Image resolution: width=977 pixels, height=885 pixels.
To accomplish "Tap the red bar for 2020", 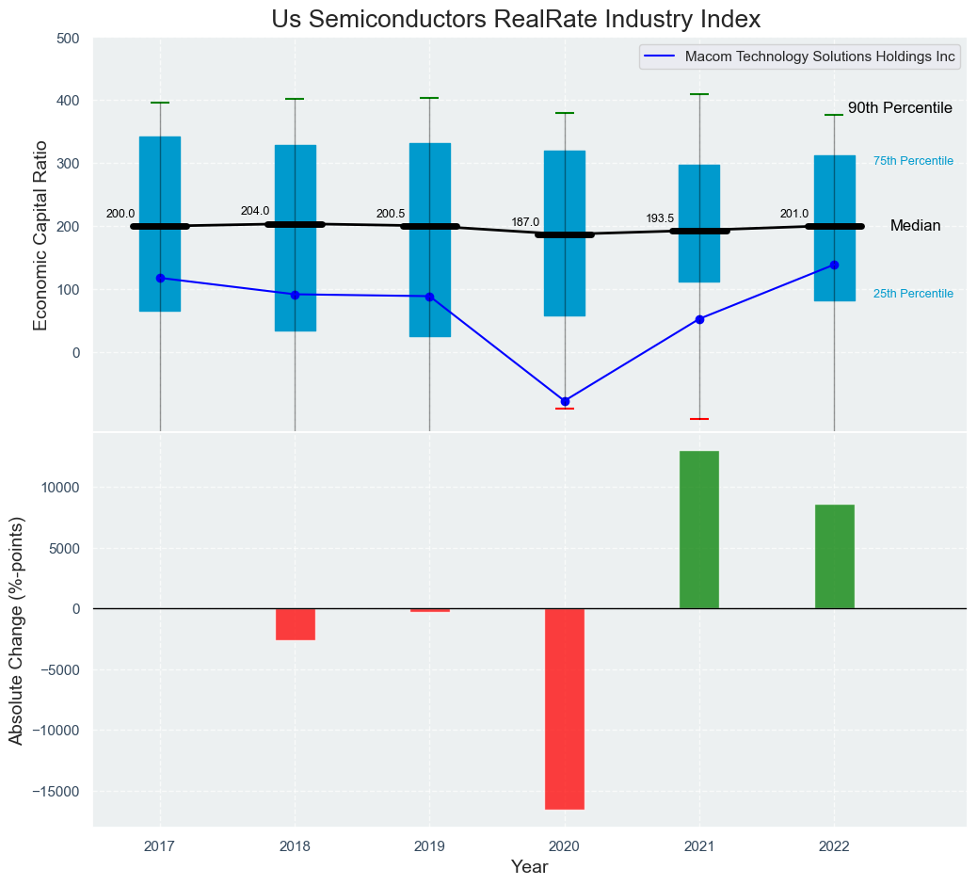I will tap(565, 708).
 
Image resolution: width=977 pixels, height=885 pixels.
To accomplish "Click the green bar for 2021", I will tap(699, 529).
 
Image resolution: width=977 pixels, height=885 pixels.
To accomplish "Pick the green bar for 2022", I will tap(834, 556).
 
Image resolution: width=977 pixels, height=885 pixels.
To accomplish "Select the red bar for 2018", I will tap(296, 623).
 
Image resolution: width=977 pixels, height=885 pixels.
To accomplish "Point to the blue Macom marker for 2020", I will tap(565, 401).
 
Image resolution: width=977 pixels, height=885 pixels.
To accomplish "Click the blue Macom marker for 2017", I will tap(160, 278).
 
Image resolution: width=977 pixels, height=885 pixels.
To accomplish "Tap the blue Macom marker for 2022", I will tap(834, 265).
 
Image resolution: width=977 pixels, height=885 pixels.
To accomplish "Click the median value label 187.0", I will tap(525, 222).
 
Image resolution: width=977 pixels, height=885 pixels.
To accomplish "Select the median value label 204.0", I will tap(255, 211).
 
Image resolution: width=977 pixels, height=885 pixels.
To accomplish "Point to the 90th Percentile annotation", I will tap(900, 108).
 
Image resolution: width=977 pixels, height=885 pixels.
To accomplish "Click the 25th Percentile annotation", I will tap(913, 294).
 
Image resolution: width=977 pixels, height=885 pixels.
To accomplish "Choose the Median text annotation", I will tap(915, 226).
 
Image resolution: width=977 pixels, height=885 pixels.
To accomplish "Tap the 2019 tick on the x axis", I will tap(430, 847).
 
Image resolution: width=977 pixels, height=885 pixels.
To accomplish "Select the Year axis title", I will tap(529, 867).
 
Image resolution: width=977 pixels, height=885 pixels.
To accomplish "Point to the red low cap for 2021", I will tap(699, 419).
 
